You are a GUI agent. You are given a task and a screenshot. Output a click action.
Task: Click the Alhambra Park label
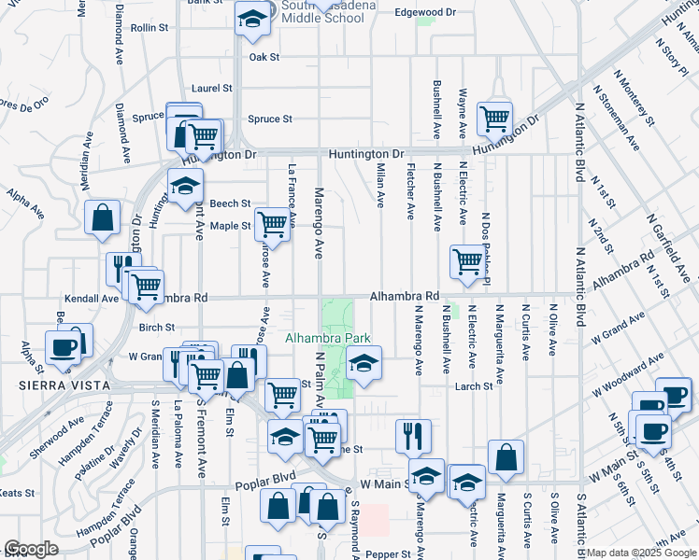tap(328, 339)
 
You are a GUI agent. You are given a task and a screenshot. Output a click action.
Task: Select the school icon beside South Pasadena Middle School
tap(250, 21)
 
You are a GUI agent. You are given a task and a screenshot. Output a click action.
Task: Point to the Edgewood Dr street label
tap(424, 12)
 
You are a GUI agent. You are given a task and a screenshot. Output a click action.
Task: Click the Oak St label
tap(264, 57)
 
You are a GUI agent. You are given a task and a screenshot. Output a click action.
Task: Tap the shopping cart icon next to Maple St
tap(271, 224)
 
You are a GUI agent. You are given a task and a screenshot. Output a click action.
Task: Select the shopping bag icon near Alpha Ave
tap(102, 218)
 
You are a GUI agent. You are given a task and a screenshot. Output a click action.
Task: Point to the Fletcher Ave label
tap(410, 191)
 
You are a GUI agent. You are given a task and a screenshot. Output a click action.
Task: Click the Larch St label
tap(473, 385)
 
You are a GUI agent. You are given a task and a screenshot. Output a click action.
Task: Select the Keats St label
tap(17, 493)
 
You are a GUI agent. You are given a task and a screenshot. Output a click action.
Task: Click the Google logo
tap(31, 549)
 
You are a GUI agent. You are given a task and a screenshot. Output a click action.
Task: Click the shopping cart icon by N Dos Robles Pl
tap(466, 261)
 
